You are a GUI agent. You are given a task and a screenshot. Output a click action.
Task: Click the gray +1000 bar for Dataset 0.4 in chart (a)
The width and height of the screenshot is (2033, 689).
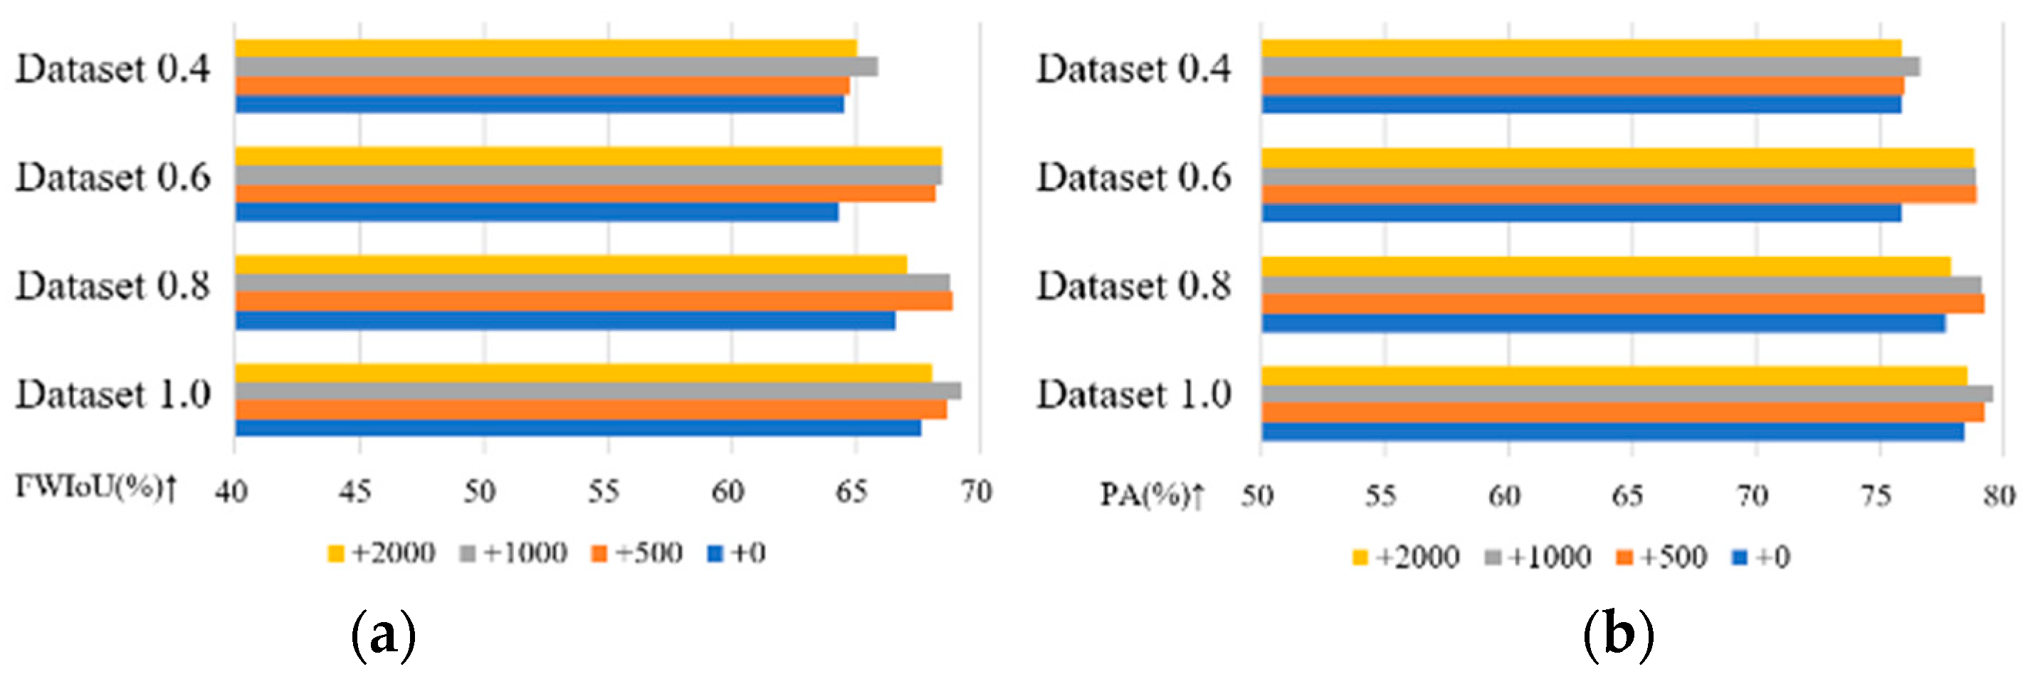(x=556, y=67)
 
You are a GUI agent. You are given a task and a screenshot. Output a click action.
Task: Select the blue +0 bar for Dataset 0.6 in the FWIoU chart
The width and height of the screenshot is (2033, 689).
(x=537, y=211)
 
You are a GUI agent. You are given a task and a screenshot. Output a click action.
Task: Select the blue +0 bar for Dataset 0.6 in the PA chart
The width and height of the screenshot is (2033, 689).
(x=1581, y=213)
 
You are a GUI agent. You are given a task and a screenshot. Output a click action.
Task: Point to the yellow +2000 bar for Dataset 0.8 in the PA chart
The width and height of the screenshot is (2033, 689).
(x=1605, y=267)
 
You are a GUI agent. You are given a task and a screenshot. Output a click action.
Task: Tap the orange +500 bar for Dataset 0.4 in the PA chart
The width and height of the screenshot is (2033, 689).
(x=1582, y=85)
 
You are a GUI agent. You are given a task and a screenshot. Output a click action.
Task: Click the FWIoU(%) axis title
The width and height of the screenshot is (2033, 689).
(x=95, y=487)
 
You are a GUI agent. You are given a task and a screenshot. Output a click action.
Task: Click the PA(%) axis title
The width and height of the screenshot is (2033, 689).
(x=1152, y=495)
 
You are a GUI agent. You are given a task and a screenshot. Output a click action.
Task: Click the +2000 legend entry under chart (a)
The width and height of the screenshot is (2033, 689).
(x=382, y=553)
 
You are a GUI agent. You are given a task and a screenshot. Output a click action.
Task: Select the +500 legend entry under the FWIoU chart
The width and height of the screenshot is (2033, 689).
(x=636, y=553)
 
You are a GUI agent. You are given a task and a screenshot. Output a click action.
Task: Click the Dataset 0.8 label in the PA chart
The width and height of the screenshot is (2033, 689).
(x=1133, y=285)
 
